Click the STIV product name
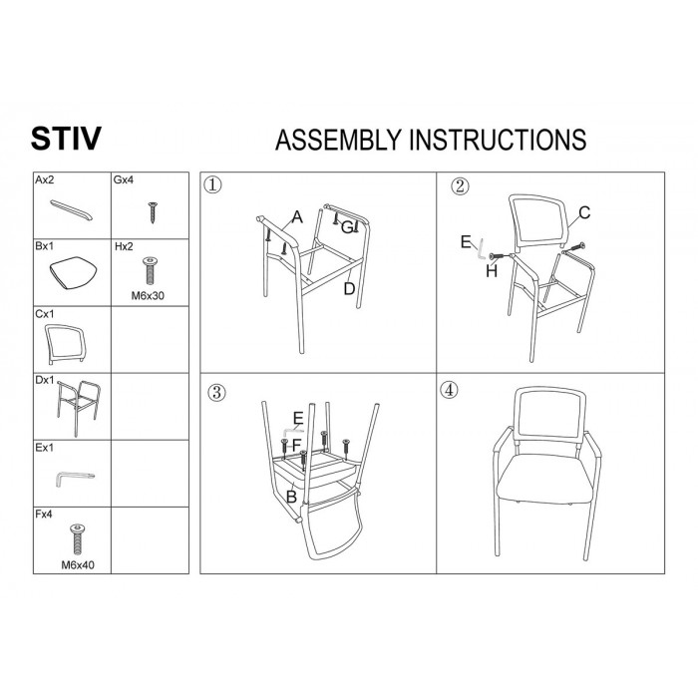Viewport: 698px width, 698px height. point(66,139)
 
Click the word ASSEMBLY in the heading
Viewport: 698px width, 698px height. point(338,140)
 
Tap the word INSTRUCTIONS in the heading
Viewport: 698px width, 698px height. point(498,140)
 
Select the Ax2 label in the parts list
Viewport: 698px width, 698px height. point(45,179)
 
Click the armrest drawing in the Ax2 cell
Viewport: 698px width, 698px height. point(71,210)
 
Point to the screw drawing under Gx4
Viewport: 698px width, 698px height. point(153,212)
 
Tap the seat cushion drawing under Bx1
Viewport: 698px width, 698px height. point(73,272)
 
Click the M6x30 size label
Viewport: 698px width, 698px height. point(148,295)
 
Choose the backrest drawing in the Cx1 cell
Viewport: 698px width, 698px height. point(65,343)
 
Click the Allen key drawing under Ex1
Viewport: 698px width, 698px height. point(74,478)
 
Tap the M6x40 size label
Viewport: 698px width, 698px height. point(78,565)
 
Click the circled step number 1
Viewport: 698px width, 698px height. point(212,184)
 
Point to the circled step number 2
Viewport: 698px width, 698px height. point(460,185)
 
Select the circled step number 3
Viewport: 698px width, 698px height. point(216,392)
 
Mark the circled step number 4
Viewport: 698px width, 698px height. point(449,390)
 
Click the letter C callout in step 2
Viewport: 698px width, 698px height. point(584,212)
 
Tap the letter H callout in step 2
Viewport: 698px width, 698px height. point(492,270)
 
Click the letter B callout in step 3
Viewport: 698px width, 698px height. point(291,497)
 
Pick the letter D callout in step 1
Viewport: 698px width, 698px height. point(349,289)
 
